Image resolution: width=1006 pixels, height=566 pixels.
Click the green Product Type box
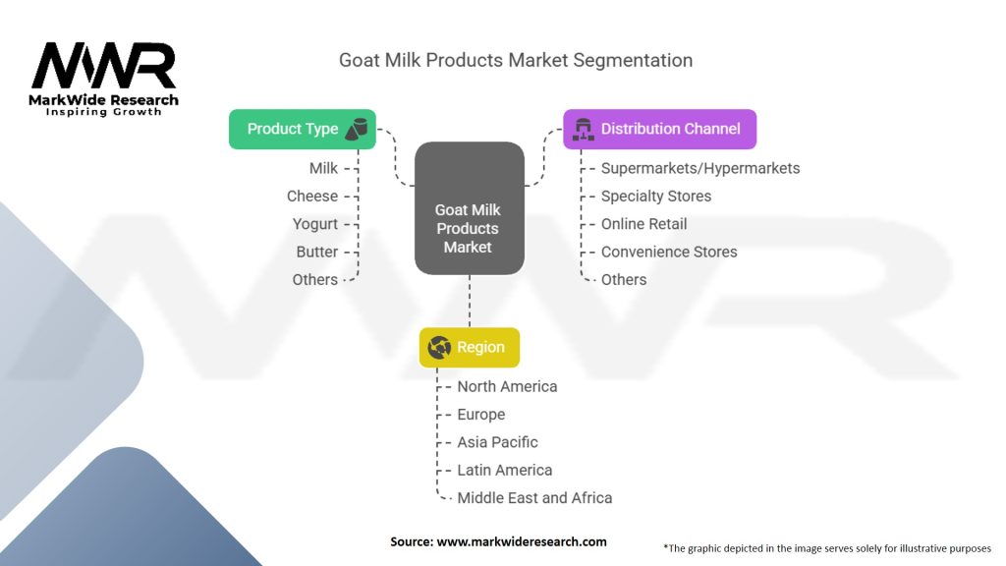click(302, 129)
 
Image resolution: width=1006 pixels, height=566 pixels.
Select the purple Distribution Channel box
click(659, 129)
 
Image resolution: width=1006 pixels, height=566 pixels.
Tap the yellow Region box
click(469, 347)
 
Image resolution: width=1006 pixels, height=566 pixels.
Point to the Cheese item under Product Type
click(311, 197)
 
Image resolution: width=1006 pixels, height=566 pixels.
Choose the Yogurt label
click(314, 224)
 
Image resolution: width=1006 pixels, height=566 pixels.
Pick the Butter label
click(316, 252)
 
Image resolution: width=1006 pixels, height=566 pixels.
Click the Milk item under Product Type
click(323, 168)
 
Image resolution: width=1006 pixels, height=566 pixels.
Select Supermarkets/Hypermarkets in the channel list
click(699, 168)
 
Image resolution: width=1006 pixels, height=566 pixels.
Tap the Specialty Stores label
click(655, 197)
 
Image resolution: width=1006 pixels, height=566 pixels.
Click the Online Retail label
click(643, 224)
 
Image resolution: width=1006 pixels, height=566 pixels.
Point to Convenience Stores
click(668, 252)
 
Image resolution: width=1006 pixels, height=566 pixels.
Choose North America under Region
click(506, 386)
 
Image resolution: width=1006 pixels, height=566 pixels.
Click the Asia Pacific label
click(497, 442)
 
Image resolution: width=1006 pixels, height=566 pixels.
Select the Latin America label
click(504, 470)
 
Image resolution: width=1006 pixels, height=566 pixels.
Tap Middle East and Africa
click(533, 498)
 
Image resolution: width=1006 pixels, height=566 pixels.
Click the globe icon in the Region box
click(439, 347)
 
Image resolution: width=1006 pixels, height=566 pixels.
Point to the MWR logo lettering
click(103, 67)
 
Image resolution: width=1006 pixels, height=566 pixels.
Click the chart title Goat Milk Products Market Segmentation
click(516, 60)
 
